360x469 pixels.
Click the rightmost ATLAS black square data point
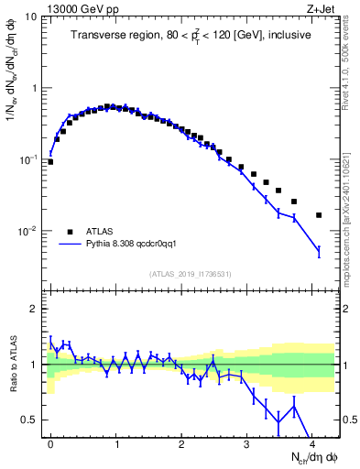tap(319, 215)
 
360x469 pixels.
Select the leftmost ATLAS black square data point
tap(50, 162)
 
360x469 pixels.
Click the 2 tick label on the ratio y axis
tap(35, 309)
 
